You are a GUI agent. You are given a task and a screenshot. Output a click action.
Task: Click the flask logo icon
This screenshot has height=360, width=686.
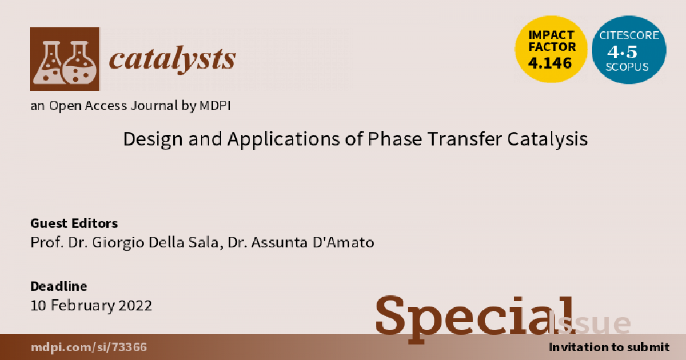coord(65,59)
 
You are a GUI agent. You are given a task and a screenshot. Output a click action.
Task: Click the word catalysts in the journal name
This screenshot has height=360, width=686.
coord(172,58)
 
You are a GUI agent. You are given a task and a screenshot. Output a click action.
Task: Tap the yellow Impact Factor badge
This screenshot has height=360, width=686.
coord(551,50)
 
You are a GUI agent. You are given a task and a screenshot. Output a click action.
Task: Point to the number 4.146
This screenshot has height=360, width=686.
coord(550,63)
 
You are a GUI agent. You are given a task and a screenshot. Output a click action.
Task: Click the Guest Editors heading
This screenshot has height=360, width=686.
coord(74,223)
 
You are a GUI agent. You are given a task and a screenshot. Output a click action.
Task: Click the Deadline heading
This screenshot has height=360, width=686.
coord(58,286)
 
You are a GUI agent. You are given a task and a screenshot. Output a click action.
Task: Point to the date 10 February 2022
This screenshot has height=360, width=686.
coord(91,305)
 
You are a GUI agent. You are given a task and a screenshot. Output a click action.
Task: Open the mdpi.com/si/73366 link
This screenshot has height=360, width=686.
coord(89,347)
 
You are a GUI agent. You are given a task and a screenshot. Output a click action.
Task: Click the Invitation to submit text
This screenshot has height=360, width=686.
coord(608,347)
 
